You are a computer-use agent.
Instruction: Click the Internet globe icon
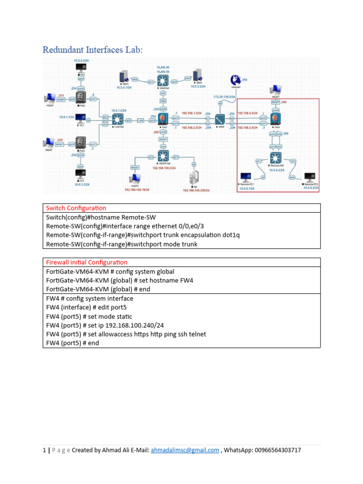click(x=235, y=80)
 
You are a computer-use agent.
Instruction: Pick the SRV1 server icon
click(x=124, y=78)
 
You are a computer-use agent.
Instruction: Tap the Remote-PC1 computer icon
click(x=246, y=177)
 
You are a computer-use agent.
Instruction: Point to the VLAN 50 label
click(x=163, y=72)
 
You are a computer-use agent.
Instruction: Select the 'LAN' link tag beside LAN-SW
click(x=140, y=121)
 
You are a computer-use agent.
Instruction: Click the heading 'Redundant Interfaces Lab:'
click(x=92, y=50)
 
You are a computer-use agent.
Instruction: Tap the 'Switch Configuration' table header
click(x=76, y=208)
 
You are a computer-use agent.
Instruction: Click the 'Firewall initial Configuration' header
click(x=86, y=262)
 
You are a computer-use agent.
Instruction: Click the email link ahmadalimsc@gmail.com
click(x=185, y=450)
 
